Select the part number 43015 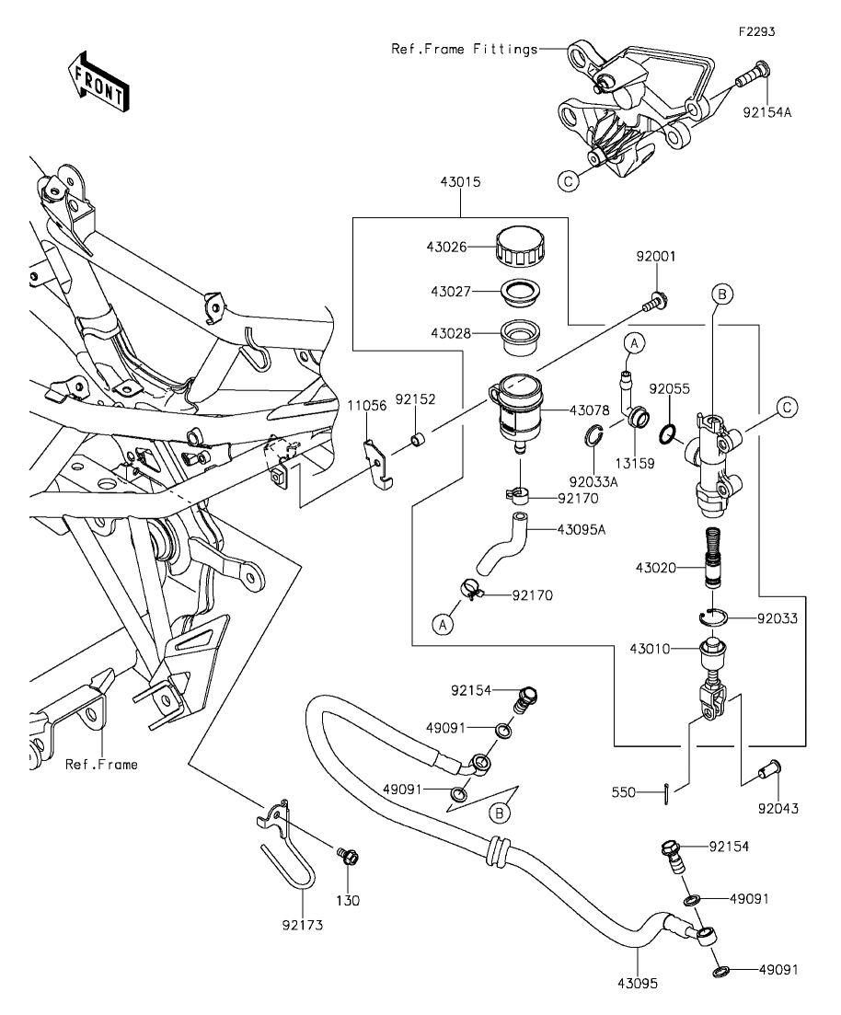[460, 182]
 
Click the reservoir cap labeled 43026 [521, 246]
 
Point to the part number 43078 [589, 410]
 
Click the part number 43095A [582, 530]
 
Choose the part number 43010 [650, 649]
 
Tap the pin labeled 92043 [770, 770]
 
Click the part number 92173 [303, 925]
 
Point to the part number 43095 [637, 984]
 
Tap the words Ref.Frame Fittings [464, 49]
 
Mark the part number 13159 [635, 464]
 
